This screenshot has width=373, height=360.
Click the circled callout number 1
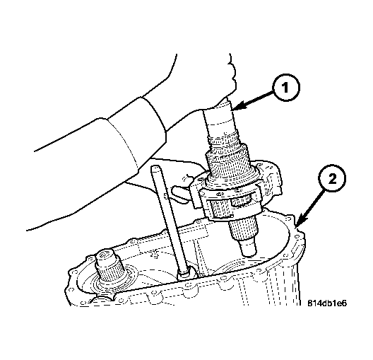(x=285, y=88)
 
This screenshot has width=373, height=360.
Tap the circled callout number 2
(x=332, y=178)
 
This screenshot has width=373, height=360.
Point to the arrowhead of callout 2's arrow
(x=300, y=220)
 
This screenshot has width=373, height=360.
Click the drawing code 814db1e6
(x=327, y=303)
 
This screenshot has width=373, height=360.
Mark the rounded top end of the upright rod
(x=155, y=168)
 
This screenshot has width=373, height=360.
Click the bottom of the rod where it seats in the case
(x=184, y=272)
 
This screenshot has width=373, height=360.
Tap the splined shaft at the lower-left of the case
(x=108, y=269)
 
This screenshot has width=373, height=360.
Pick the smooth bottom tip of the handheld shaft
(x=249, y=248)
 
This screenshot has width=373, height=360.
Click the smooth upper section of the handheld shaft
(x=220, y=122)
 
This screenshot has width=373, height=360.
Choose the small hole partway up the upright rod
(x=165, y=194)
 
